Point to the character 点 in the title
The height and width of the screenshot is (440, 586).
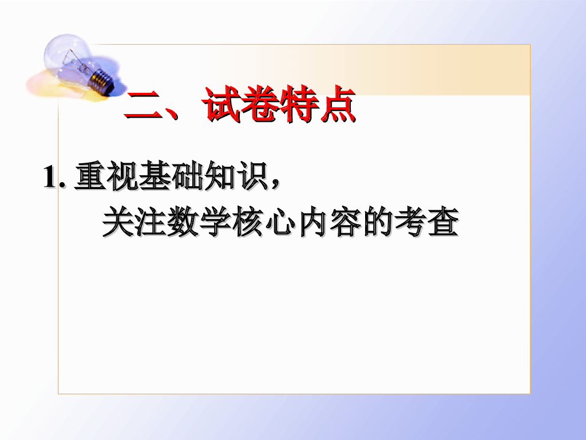coord(338,105)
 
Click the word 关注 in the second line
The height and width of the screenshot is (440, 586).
coord(136,223)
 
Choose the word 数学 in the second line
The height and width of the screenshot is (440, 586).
coord(202,223)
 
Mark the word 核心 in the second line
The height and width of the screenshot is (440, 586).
coord(270,223)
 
